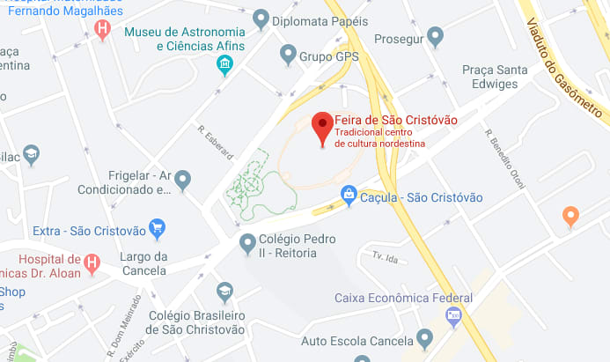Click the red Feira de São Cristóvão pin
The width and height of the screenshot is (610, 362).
click(x=322, y=127)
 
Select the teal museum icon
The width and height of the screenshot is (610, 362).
click(x=225, y=64)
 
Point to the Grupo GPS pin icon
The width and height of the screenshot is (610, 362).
click(x=287, y=55)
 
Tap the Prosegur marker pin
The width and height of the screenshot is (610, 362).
click(x=435, y=37)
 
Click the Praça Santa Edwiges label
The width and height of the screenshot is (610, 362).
click(x=496, y=78)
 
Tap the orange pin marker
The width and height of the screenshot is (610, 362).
click(x=570, y=214)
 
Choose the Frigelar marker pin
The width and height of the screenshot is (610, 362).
click(x=183, y=180)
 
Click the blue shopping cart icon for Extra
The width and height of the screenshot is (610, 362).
click(x=158, y=229)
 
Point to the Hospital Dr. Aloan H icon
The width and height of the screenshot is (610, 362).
click(x=92, y=262)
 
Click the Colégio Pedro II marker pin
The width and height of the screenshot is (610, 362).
click(x=249, y=241)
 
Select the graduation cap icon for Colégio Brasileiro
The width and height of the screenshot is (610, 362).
click(x=225, y=292)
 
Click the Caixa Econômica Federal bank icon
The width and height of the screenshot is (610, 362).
click(x=453, y=315)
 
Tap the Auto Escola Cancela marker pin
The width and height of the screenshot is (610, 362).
click(x=425, y=337)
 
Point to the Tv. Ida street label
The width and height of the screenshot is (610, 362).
click(x=386, y=257)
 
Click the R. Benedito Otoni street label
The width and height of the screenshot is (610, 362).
click(x=505, y=159)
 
